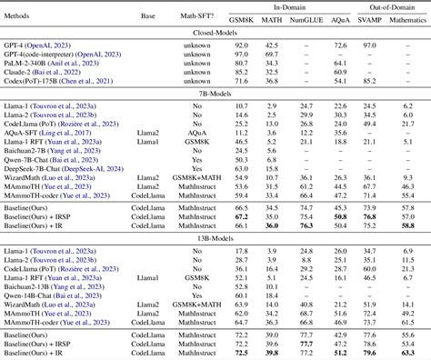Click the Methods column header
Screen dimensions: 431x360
pyautogui.click(x=26, y=16)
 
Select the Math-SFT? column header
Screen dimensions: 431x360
pyautogui.click(x=189, y=16)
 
